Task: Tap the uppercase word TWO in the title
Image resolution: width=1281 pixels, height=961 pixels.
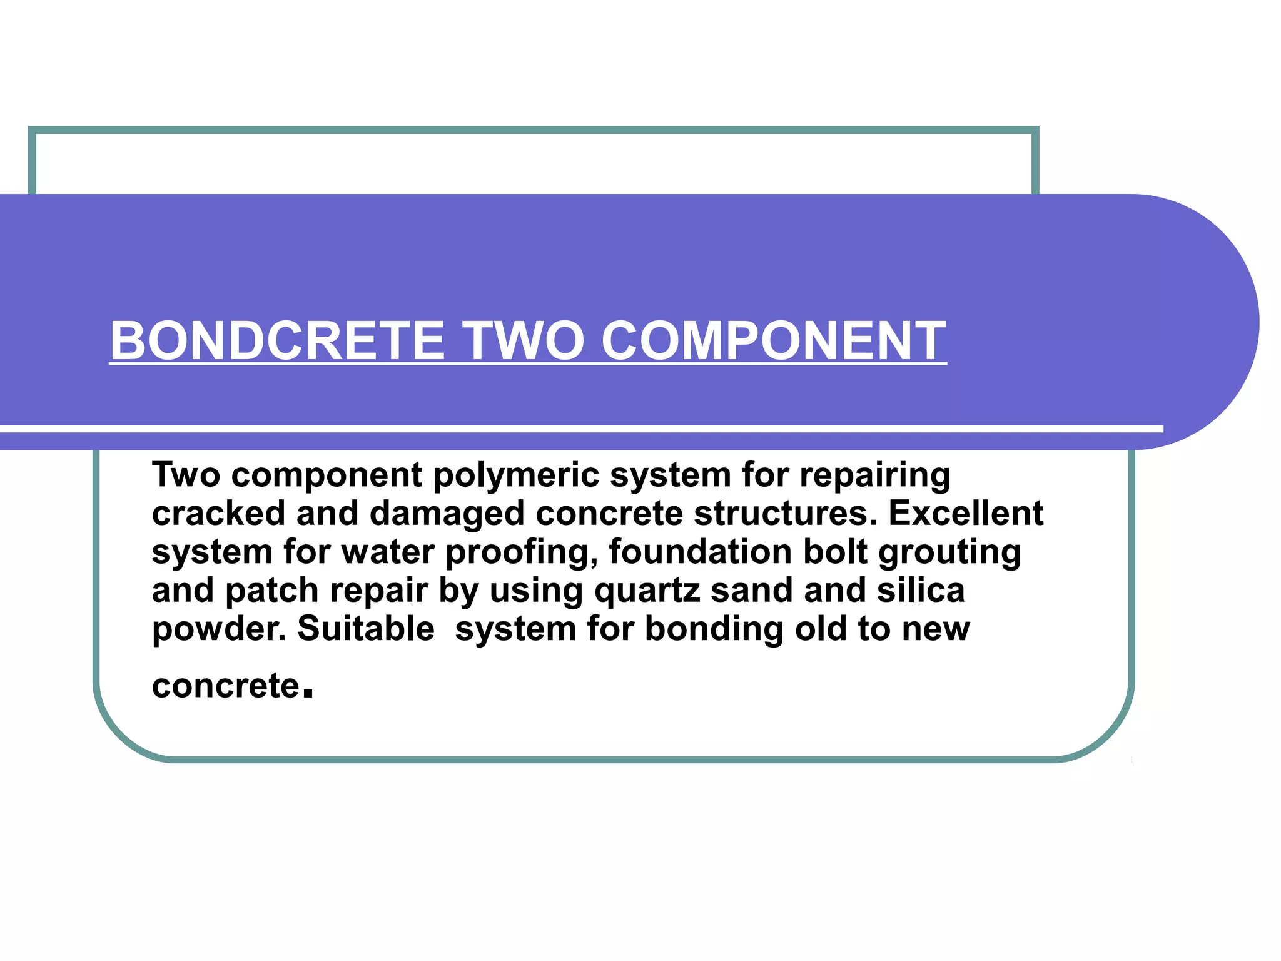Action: (x=522, y=340)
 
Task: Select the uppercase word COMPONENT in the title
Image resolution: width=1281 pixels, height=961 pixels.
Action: (x=773, y=340)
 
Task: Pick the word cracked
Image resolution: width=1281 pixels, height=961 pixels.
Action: (x=219, y=514)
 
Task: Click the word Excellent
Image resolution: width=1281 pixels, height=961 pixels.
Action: (x=966, y=514)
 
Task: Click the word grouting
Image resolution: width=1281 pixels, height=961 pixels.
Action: (x=949, y=553)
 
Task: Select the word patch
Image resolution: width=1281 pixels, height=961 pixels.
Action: (x=271, y=591)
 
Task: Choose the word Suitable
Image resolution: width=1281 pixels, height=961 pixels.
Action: (x=366, y=629)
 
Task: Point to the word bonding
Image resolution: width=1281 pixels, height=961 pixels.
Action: (x=714, y=629)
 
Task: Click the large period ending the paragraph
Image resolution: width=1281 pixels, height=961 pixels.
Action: (x=307, y=693)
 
